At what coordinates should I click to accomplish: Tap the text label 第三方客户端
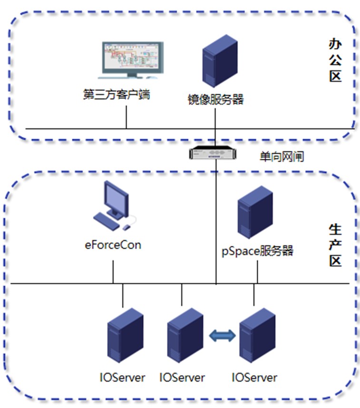point(116,95)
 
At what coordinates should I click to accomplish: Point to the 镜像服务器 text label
point(215,99)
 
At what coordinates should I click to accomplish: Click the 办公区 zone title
point(336,60)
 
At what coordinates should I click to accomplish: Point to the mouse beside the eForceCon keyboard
point(127,227)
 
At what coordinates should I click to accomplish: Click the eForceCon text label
point(113,245)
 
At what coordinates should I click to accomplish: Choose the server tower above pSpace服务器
point(255,212)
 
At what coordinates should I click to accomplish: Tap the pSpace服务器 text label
point(257,251)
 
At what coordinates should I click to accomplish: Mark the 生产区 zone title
point(335,246)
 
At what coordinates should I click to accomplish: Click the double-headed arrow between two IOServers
point(223,335)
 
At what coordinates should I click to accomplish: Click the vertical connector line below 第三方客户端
point(126,117)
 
